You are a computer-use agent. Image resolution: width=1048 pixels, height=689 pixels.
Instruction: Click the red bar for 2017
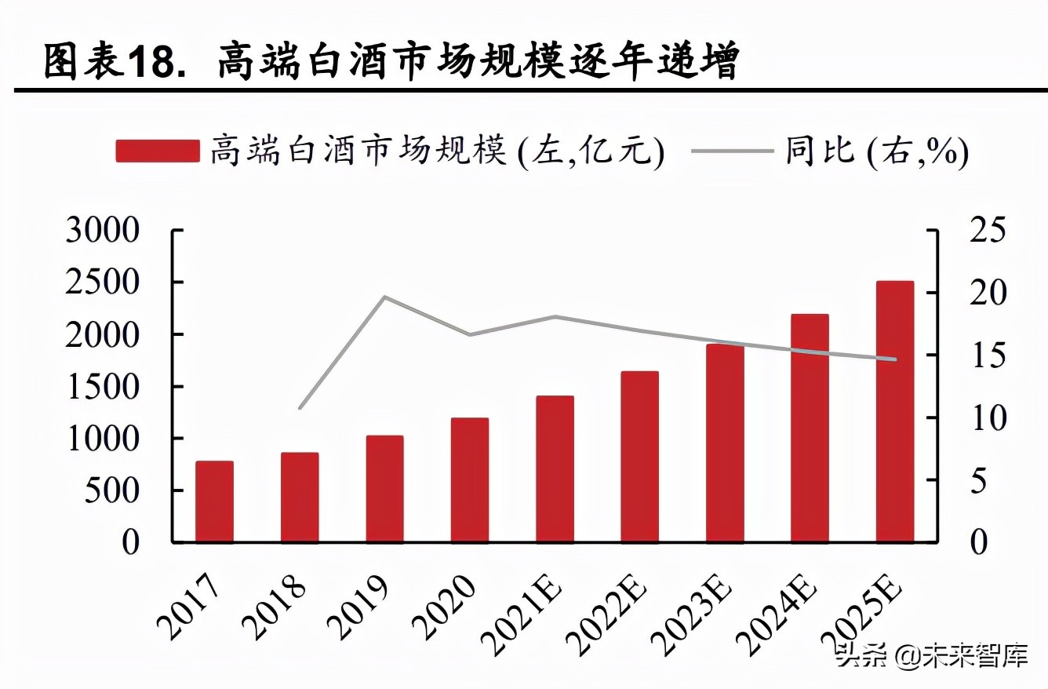214,501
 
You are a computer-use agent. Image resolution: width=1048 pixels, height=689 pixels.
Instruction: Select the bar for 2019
384,489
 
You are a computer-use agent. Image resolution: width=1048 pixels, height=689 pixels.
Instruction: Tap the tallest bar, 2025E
895,411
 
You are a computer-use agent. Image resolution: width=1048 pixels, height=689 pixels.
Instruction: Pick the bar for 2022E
639,457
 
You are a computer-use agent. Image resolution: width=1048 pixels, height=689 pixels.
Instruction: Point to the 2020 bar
470,480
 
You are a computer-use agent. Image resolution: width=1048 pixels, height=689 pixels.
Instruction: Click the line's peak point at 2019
384,297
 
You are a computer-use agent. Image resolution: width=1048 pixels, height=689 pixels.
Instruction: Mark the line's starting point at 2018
300,408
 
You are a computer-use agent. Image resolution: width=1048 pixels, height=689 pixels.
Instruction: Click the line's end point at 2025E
895,359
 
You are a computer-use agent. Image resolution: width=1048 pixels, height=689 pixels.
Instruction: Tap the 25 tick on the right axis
987,231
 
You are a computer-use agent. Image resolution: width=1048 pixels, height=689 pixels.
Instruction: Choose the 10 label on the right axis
987,417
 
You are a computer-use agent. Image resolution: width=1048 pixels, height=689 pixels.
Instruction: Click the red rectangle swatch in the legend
158,151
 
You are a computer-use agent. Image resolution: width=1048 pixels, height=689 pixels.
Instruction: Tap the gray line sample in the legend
733,151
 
